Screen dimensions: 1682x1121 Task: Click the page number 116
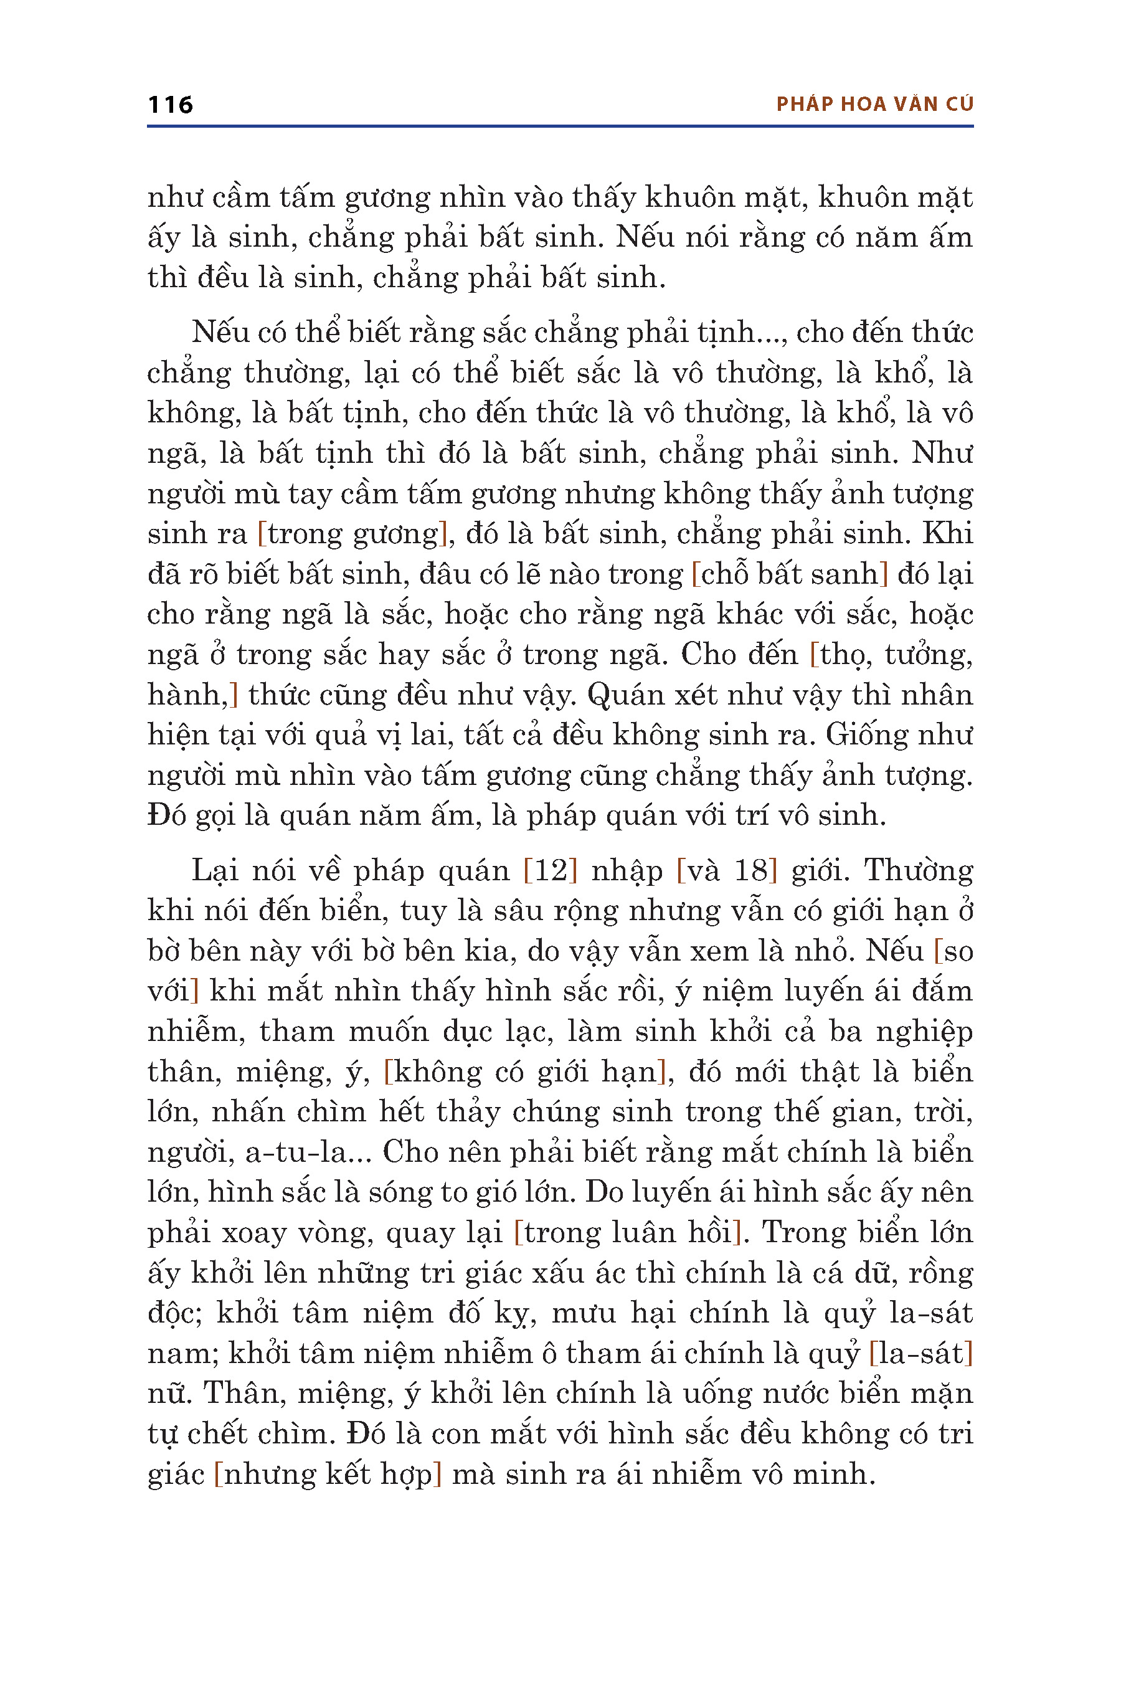coord(170,105)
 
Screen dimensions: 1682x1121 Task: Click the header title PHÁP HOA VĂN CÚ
coord(874,105)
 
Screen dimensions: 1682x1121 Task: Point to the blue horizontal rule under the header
coord(560,126)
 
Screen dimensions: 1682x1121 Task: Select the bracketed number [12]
coord(550,870)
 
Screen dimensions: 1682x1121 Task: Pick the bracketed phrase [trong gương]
coord(352,535)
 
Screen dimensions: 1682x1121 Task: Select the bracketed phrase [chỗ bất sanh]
coord(790,574)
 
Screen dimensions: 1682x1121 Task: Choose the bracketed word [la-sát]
coord(921,1353)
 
